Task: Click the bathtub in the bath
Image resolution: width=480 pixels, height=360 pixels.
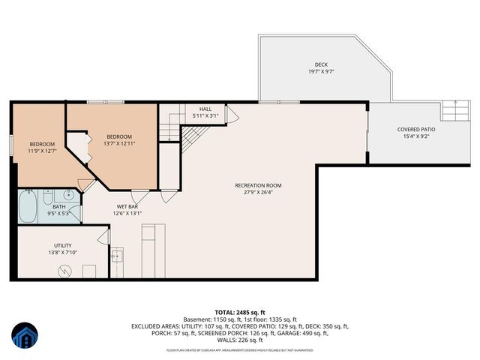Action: point(28,207)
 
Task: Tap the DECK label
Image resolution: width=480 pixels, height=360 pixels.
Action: point(322,64)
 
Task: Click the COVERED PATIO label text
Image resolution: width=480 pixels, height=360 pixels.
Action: point(416,129)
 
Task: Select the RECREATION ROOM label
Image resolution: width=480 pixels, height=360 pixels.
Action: point(258,185)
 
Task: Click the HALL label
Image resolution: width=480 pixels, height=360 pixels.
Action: point(205,109)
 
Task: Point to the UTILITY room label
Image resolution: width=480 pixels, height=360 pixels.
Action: point(62,245)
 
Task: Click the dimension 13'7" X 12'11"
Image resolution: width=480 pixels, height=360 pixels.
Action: point(119,143)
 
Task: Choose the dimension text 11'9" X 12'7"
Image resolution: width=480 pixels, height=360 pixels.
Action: point(42,151)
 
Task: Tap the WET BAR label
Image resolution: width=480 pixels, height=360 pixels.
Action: point(127,206)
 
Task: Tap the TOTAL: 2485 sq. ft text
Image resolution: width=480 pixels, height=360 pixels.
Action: point(240,312)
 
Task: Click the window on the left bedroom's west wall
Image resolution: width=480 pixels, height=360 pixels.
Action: point(11,145)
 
